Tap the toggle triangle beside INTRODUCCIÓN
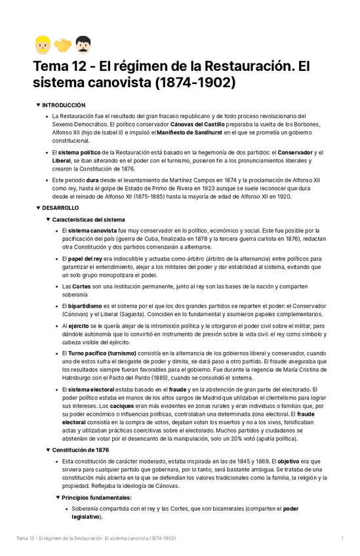[x=38, y=105]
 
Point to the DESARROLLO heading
[x=60, y=208]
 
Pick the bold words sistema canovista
[x=94, y=231]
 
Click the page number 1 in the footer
[x=342, y=538]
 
